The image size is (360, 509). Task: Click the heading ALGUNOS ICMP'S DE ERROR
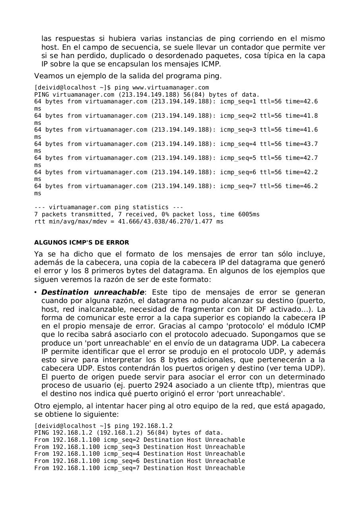tap(82, 243)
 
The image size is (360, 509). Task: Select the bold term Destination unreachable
tap(93, 292)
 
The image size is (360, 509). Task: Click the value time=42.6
tap(302, 101)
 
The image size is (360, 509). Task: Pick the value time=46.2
tap(302, 186)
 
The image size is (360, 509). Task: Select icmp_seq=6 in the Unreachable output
tap(121, 461)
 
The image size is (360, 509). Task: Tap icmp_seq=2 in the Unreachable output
tap(121, 440)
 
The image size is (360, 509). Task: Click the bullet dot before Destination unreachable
tap(36, 292)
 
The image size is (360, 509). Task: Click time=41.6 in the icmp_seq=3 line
tap(302, 130)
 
